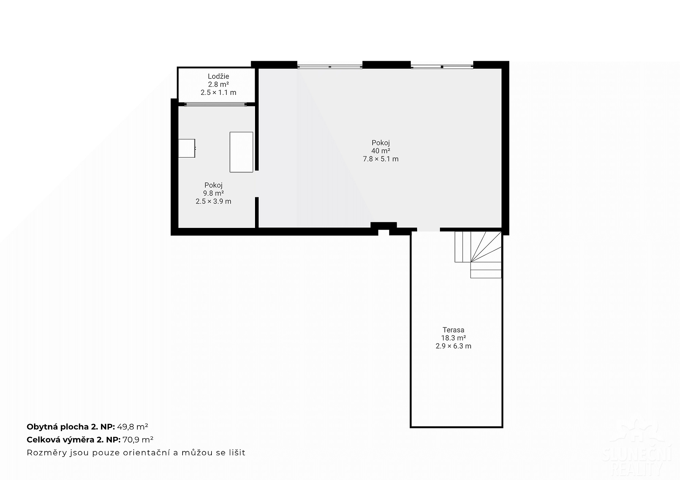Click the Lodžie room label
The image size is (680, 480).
(218, 76)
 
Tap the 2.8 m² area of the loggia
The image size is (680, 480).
(218, 85)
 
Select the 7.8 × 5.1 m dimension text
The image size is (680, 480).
(380, 159)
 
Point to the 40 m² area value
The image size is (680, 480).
(380, 151)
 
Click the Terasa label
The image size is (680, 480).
(453, 330)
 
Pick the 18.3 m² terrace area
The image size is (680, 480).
(453, 338)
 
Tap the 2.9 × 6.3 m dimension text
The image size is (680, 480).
(453, 346)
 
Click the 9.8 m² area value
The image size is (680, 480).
(214, 193)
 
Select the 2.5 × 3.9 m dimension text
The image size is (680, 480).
(214, 201)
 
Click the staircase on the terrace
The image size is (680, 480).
(478, 254)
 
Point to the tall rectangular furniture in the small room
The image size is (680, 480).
(241, 152)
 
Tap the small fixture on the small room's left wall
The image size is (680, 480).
(187, 148)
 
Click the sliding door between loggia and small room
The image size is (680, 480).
(216, 104)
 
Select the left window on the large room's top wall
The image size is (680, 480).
(330, 67)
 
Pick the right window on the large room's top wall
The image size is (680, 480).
(442, 67)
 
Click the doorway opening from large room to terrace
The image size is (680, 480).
(428, 230)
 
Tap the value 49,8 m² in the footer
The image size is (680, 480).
(133, 427)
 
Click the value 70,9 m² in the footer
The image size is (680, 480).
(138, 440)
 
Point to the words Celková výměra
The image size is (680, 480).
(61, 440)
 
